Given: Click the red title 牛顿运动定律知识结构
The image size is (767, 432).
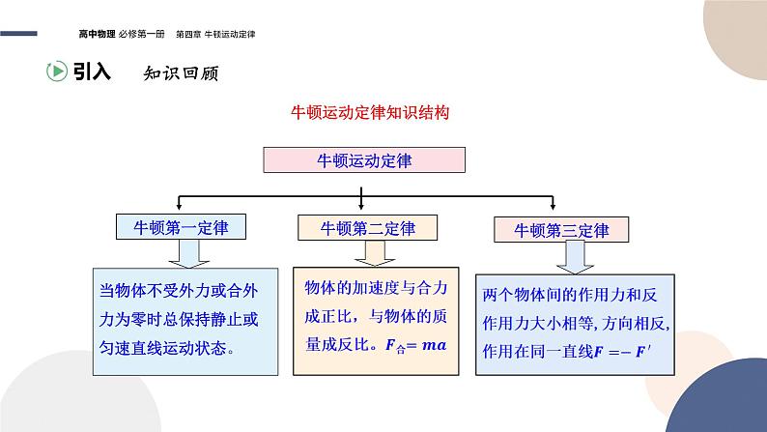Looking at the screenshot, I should [x=370, y=112].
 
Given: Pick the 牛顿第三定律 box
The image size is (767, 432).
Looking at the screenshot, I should [x=561, y=231].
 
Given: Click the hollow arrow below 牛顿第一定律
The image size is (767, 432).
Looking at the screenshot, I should [x=185, y=253].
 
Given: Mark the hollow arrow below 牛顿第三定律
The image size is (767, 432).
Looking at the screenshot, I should [x=574, y=257].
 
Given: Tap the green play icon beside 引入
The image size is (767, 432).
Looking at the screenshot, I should [x=56, y=71].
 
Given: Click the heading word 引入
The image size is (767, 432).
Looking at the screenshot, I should [x=93, y=71].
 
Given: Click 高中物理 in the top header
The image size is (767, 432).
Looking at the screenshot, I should [x=98, y=34].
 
